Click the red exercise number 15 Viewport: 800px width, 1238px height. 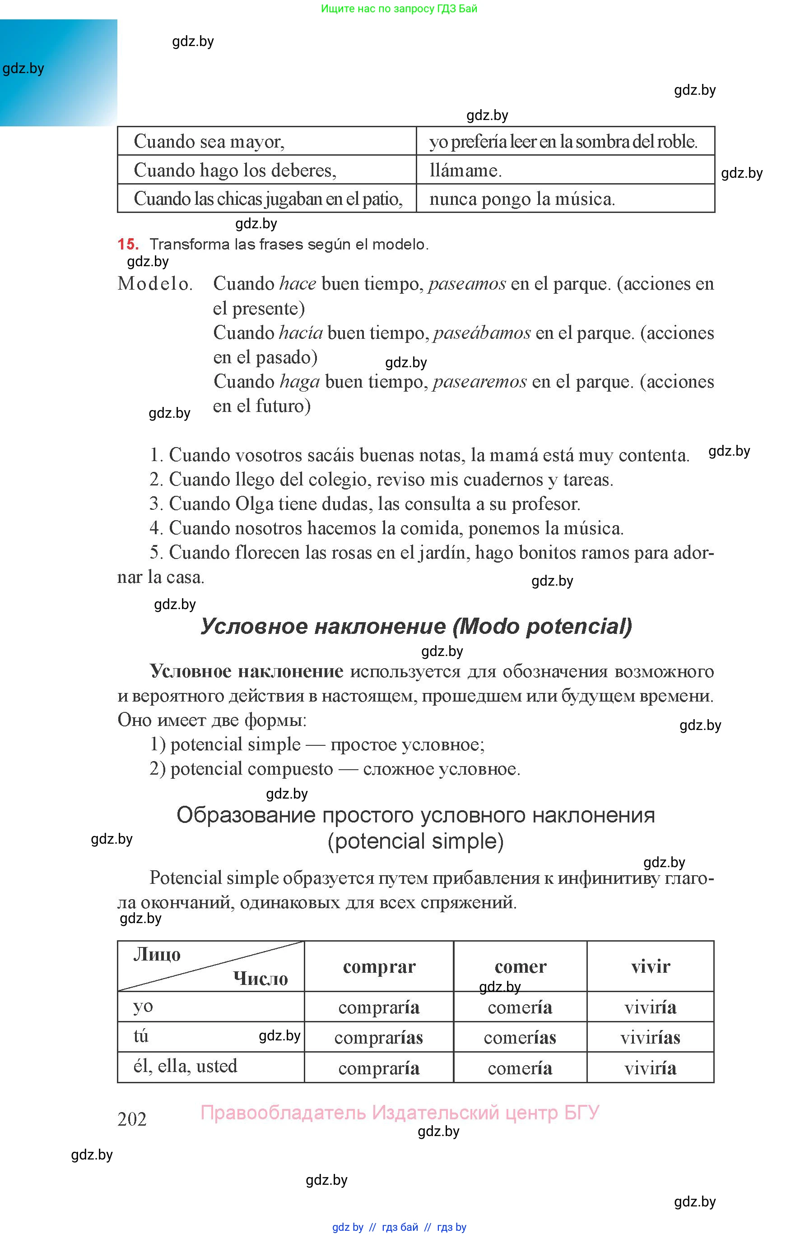[x=128, y=244]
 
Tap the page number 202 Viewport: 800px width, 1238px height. [x=132, y=1119]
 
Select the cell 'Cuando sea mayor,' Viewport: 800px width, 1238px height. [x=209, y=141]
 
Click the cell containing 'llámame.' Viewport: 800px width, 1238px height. [x=465, y=170]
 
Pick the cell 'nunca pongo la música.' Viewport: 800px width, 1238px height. [x=521, y=199]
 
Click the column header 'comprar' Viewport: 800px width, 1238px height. [x=379, y=966]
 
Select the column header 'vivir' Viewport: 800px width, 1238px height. [x=651, y=966]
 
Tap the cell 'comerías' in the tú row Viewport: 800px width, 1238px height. [x=520, y=1038]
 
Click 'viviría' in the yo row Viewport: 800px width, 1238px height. [x=651, y=1007]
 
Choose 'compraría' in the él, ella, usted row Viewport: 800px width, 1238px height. [x=379, y=1068]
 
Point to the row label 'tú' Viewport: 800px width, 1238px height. [x=141, y=1036]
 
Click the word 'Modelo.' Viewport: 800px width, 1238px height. [x=155, y=284]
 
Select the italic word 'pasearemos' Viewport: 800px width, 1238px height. [x=479, y=382]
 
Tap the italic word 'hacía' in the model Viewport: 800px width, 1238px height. [x=301, y=333]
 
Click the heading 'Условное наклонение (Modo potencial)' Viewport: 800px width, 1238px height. [x=416, y=627]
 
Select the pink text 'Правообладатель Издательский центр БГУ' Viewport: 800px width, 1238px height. [x=400, y=1113]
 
